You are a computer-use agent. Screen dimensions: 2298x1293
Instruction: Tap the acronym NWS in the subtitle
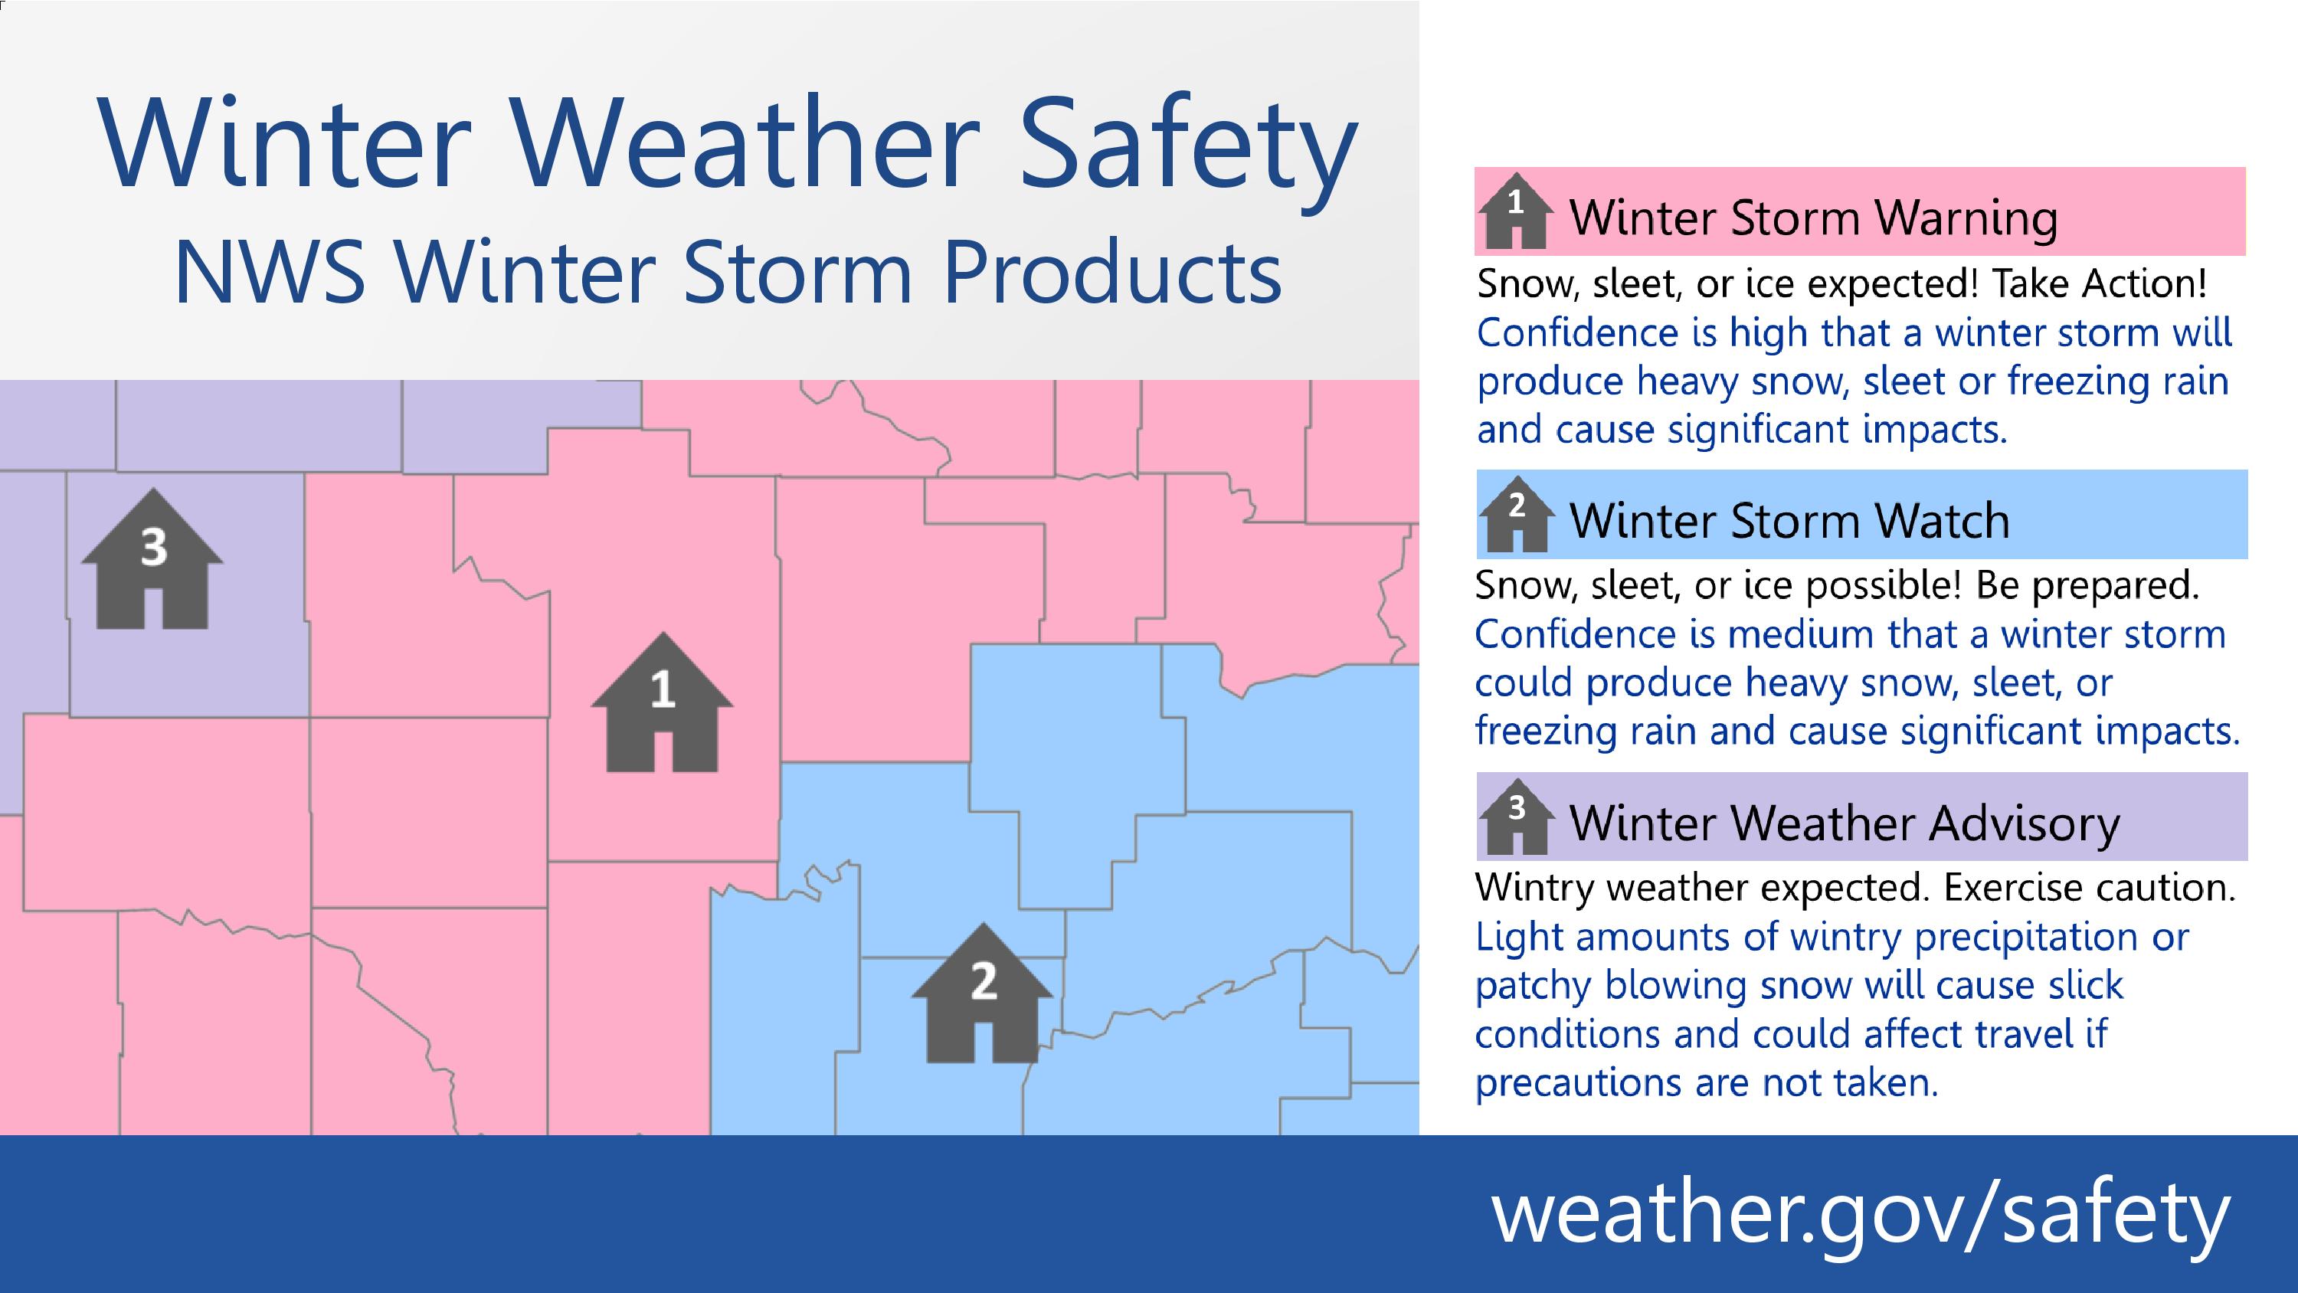coord(270,272)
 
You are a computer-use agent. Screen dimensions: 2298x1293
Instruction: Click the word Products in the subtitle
coord(1112,272)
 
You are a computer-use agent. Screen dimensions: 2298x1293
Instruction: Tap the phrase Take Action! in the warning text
coord(2099,283)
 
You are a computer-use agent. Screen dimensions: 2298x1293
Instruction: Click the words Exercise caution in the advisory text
coord(2089,888)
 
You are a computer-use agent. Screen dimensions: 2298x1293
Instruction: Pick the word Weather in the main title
coord(747,145)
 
